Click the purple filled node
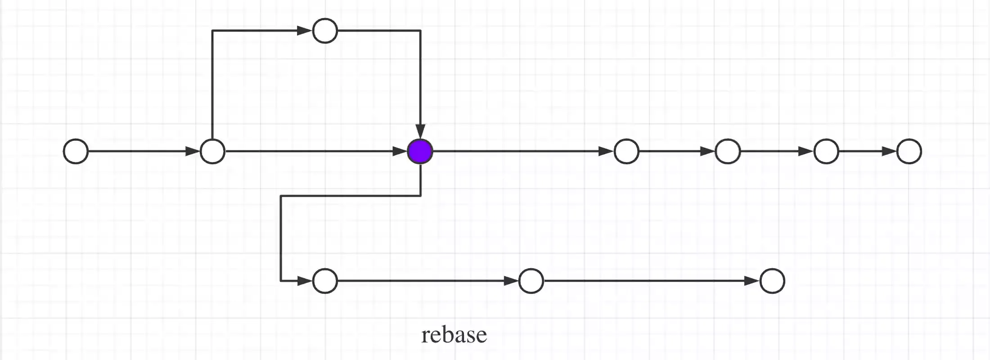pos(420,151)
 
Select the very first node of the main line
pos(76,151)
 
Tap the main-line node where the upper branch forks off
pos(212,151)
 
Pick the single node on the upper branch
pos(325,31)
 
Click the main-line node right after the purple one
pos(626,151)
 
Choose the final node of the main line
pos(909,151)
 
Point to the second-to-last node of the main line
pos(826,151)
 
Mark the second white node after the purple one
pos(727,151)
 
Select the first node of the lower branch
pos(325,281)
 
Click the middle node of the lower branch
pos(531,281)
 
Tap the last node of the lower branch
pos(772,281)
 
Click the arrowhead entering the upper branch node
pos(305,31)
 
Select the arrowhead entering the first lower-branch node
pos(305,281)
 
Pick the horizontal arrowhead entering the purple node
pos(400,151)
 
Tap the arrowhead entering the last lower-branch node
pos(752,281)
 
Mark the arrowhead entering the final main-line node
pos(889,151)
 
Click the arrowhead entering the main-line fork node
pos(193,151)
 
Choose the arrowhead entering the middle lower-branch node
pos(511,281)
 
